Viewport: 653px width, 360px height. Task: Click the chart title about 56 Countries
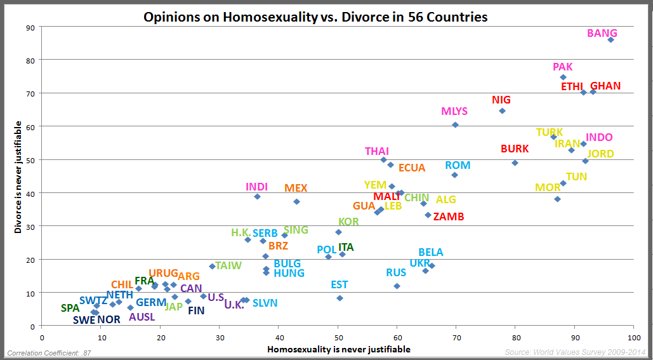pos(315,17)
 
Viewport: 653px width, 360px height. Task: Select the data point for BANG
pos(610,39)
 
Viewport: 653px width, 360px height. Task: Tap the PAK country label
pos(563,67)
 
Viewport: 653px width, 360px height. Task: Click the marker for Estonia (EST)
pos(340,298)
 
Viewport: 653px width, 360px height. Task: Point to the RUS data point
pos(397,286)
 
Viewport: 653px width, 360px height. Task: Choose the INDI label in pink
pos(256,187)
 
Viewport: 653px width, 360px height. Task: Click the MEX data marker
pos(296,201)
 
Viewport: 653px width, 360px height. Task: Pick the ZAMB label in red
pos(448,217)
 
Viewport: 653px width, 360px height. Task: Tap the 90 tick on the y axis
pos(30,27)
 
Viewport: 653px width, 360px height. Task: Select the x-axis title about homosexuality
pos(338,349)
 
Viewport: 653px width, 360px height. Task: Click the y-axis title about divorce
pos(18,178)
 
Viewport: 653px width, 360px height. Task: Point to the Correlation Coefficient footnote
pos(40,352)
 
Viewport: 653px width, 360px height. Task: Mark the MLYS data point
pos(455,125)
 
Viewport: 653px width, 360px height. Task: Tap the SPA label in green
pos(70,308)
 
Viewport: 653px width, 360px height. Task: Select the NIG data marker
pos(502,110)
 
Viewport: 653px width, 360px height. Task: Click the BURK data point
pos(515,163)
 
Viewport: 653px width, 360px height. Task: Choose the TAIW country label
pos(228,265)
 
